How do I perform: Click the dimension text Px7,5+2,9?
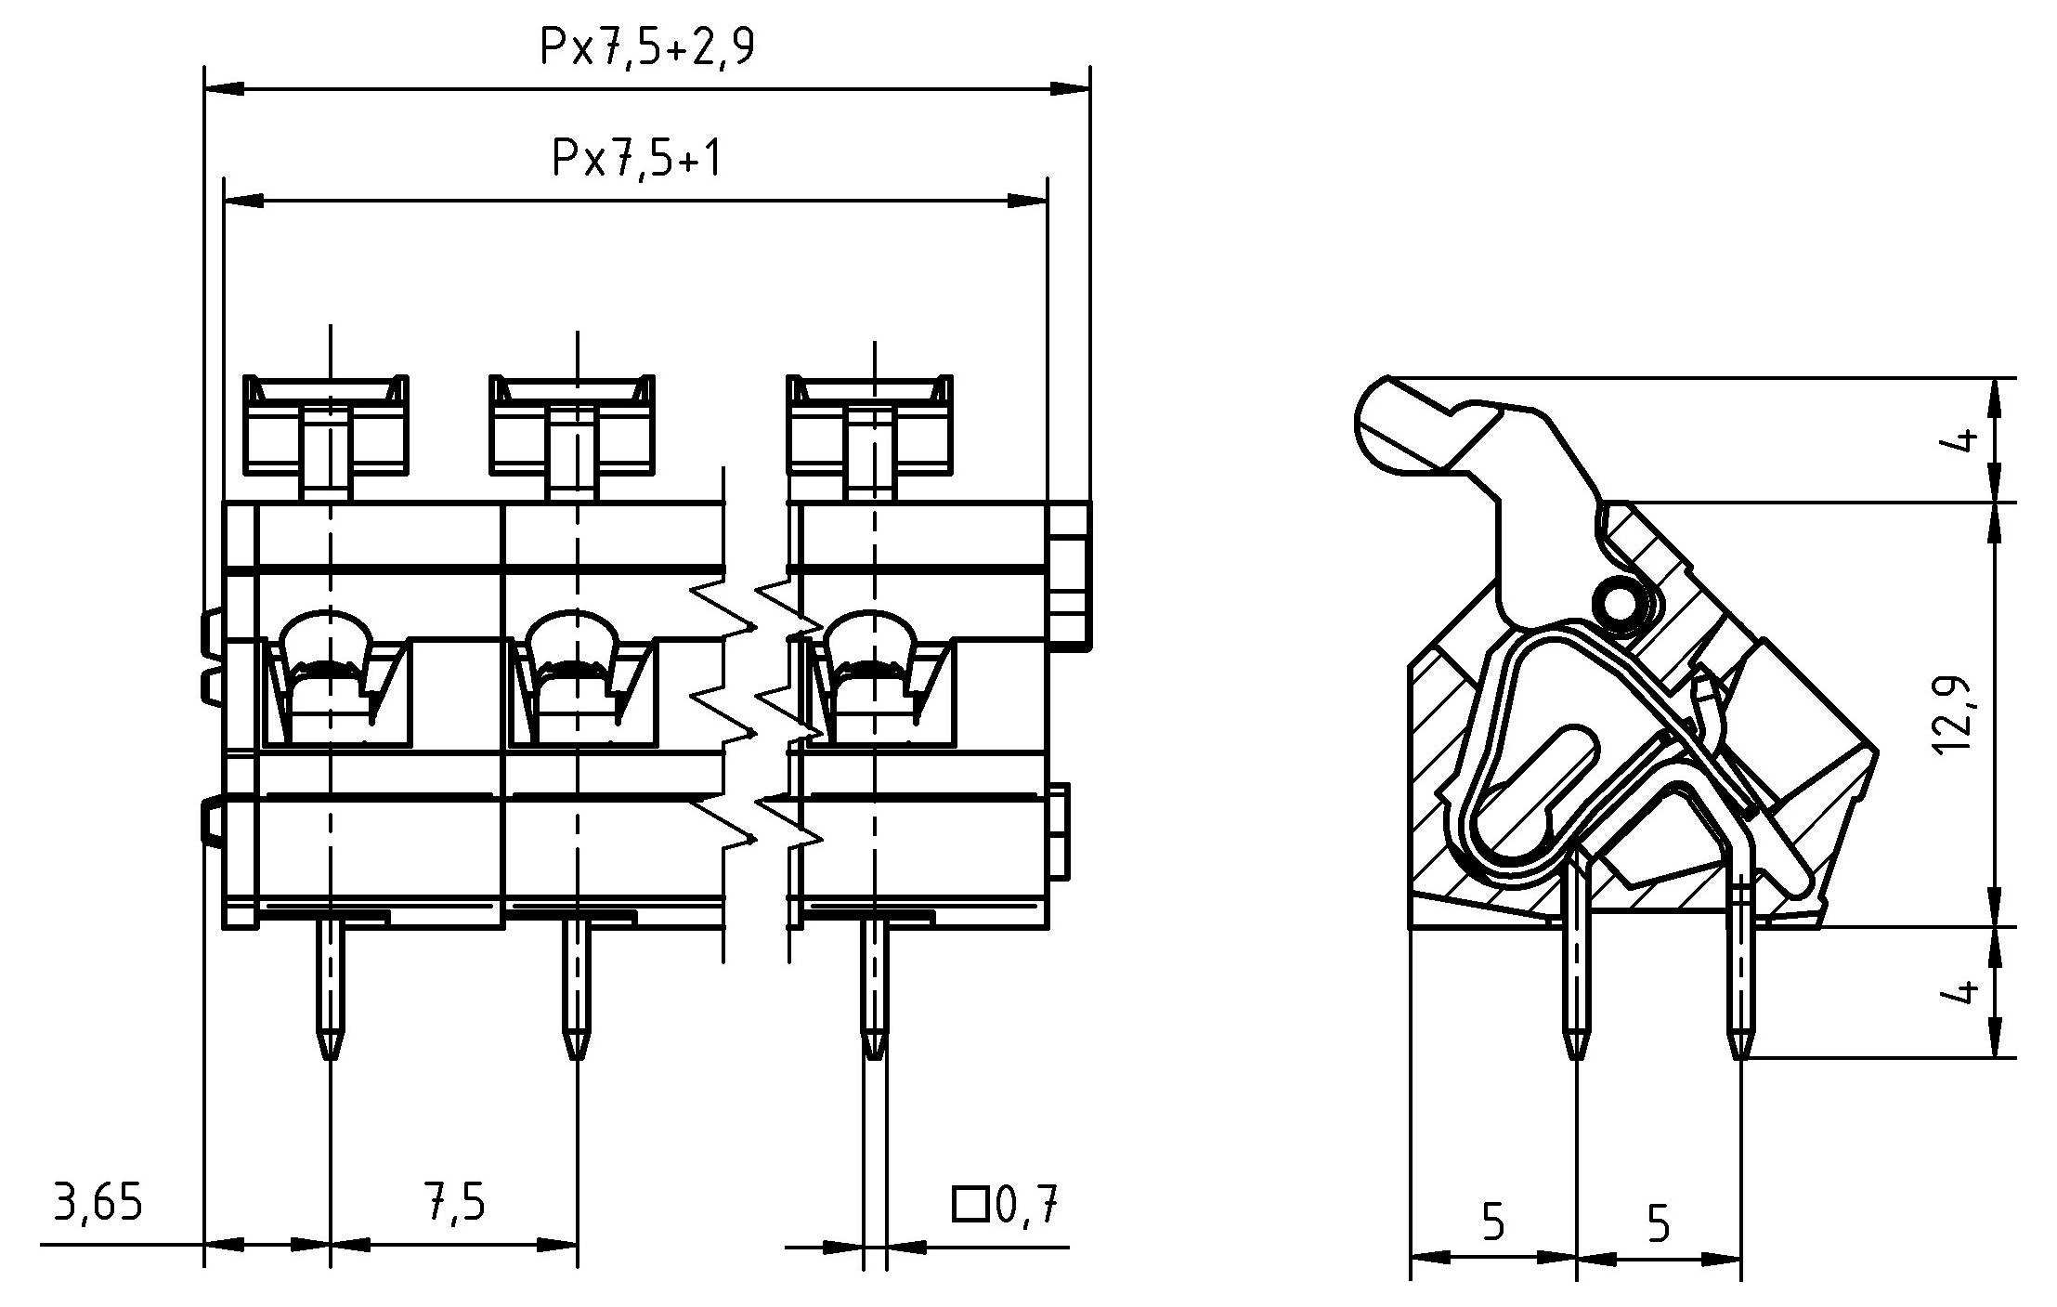[647, 46]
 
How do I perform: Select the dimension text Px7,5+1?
[637, 158]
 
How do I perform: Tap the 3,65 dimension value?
[98, 1203]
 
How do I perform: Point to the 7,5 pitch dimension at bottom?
[454, 1203]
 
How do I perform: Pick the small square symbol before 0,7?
[969, 1204]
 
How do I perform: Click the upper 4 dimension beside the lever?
[1959, 439]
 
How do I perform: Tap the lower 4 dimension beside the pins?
[1959, 992]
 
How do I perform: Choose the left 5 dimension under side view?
[1492, 1222]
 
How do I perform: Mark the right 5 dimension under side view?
[1658, 1222]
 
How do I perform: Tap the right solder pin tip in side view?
[1739, 1045]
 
